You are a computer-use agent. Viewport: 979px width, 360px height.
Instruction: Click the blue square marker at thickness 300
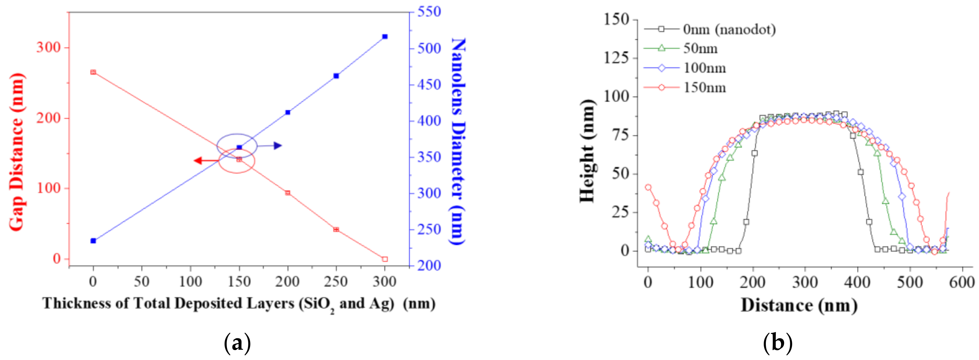(385, 36)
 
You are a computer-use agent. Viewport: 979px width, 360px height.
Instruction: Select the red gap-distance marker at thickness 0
(93, 72)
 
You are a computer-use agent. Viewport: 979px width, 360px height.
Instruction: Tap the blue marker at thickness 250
(336, 76)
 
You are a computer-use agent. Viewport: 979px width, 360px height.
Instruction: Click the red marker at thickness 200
(288, 193)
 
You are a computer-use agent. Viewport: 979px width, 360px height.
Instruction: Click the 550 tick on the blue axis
(429, 11)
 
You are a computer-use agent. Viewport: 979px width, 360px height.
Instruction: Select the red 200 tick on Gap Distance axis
(48, 118)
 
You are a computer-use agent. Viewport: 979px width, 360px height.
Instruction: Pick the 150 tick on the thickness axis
(239, 282)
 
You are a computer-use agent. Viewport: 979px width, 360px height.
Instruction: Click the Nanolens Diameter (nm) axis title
(458, 141)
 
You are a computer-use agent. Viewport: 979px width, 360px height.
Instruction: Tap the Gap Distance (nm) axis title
(17, 152)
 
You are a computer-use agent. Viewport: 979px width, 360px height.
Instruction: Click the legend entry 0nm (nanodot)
(729, 29)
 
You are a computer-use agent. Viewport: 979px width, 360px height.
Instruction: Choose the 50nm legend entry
(700, 49)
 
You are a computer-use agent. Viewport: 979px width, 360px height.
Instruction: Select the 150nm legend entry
(704, 88)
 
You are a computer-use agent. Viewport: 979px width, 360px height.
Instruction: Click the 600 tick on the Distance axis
(961, 283)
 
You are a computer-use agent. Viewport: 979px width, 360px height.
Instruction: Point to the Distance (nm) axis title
(799, 305)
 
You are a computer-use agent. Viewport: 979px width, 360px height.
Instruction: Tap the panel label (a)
(237, 343)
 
